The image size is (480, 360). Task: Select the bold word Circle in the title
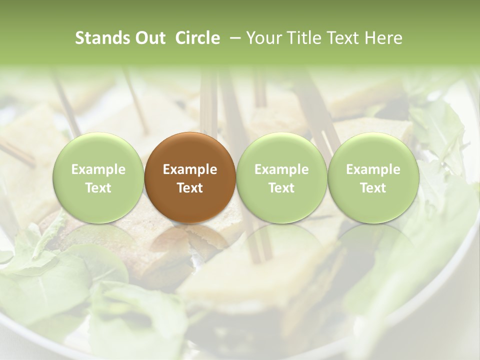(197, 38)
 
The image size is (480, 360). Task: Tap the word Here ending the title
(383, 38)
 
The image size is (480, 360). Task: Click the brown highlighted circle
(190, 178)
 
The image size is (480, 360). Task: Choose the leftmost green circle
(98, 178)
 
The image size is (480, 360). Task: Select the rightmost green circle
(373, 178)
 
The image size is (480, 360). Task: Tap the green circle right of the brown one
(281, 178)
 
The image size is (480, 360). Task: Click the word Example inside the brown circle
(190, 169)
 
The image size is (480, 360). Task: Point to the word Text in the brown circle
(190, 188)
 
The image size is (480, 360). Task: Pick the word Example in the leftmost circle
(98, 169)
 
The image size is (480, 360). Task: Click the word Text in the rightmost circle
(373, 188)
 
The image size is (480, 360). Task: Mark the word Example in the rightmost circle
(373, 169)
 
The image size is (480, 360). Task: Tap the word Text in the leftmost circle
(98, 188)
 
